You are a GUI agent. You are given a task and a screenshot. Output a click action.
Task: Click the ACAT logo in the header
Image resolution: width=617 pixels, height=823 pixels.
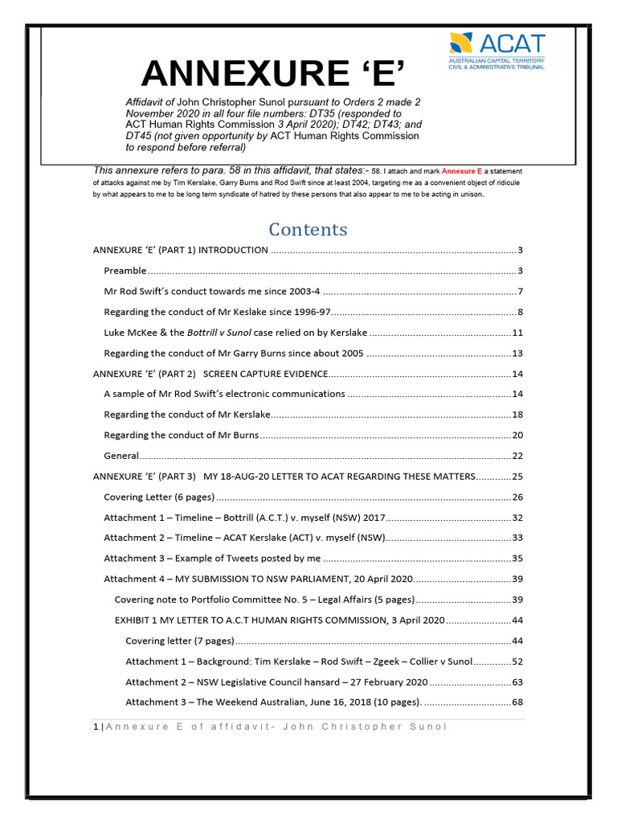click(x=496, y=51)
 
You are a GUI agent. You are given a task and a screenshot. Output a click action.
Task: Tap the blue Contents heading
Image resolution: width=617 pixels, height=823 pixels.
click(x=308, y=229)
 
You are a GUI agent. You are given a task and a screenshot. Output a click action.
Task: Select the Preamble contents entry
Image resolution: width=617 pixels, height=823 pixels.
click(x=125, y=270)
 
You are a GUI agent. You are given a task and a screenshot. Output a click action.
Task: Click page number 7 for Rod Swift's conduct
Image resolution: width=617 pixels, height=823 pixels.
click(x=520, y=291)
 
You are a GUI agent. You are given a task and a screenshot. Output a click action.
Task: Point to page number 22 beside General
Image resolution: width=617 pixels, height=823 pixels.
click(x=517, y=456)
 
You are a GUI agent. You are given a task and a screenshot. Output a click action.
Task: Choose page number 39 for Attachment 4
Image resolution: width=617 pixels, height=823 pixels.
click(x=517, y=579)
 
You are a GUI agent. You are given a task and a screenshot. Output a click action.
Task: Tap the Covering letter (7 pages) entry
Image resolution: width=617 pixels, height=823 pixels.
click(x=179, y=641)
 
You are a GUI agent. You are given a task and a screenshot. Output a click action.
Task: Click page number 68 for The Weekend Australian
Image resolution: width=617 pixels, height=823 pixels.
click(x=517, y=702)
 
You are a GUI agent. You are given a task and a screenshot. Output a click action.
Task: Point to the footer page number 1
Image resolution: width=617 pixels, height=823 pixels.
click(x=96, y=727)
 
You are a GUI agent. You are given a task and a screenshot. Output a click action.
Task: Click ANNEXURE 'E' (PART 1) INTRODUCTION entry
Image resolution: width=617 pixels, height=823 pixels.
click(x=181, y=250)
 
